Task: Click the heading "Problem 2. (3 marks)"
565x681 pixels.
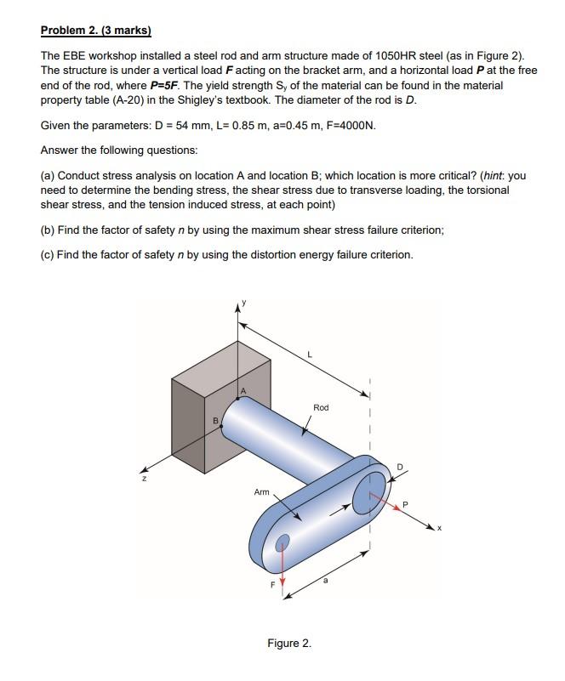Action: (95, 31)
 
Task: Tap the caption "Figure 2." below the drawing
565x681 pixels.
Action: (289, 643)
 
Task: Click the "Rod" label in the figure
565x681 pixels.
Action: (321, 408)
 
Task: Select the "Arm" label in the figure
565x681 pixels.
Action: (261, 492)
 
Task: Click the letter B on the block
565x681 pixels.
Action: (216, 419)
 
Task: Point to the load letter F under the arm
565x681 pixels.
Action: (273, 584)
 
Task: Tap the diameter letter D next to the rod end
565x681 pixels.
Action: (402, 465)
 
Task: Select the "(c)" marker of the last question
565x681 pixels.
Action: (48, 254)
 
